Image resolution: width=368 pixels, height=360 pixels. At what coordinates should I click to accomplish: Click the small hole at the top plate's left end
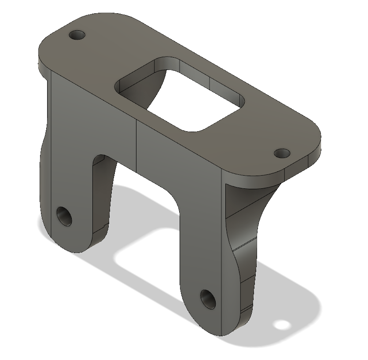[77, 34]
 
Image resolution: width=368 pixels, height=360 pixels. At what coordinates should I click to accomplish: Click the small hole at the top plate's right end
[282, 153]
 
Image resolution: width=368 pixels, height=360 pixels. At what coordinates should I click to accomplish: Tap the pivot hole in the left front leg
[65, 216]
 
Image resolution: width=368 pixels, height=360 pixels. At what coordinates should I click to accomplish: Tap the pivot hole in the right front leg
[206, 299]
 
